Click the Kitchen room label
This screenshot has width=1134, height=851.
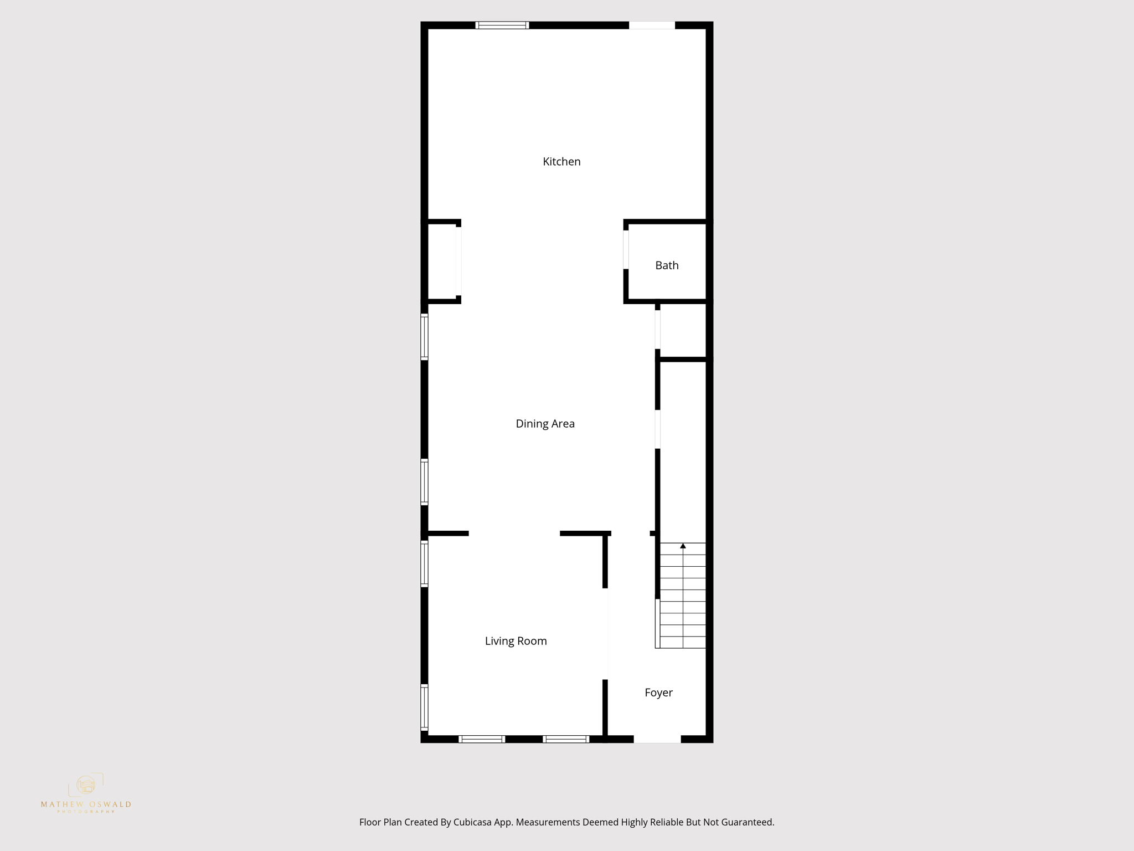[x=561, y=162]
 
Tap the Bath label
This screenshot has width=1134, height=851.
[x=667, y=265]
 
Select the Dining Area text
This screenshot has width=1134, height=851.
[x=545, y=424]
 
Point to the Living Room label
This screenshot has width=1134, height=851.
[x=516, y=641]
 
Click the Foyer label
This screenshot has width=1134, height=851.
[x=658, y=693]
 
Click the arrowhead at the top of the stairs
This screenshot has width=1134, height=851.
[x=683, y=546]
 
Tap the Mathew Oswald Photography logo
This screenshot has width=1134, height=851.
[x=86, y=792]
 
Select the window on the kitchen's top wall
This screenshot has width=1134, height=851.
[x=502, y=25]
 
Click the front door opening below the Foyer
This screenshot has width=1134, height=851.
[x=657, y=739]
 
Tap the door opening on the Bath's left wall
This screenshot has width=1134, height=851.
[x=626, y=249]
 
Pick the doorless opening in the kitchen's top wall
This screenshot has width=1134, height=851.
[x=652, y=25]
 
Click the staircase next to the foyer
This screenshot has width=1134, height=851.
[x=683, y=596]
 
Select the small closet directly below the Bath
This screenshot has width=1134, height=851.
[x=683, y=331]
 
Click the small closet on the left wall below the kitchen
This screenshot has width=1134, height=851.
[x=442, y=262]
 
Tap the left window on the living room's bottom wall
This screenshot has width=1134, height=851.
[x=482, y=739]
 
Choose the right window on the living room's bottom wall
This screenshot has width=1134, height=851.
[x=565, y=739]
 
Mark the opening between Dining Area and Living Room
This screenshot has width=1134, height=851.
[x=514, y=534]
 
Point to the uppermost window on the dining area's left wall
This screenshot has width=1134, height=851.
[x=424, y=337]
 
